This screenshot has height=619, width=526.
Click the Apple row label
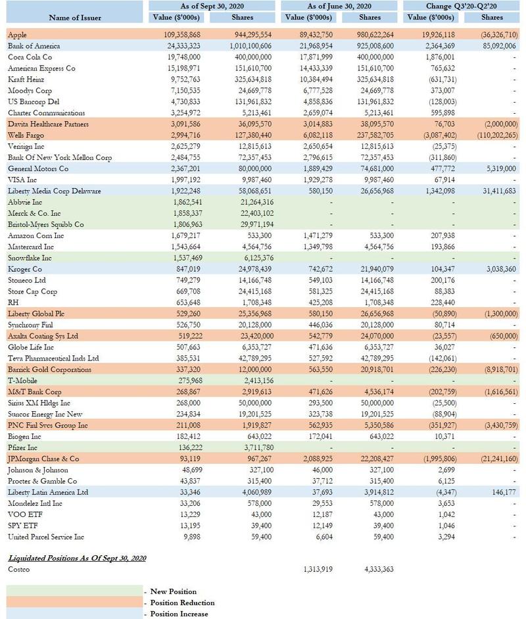click(18, 34)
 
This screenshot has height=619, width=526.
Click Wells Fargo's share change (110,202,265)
click(492, 136)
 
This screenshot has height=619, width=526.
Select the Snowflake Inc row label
click(34, 259)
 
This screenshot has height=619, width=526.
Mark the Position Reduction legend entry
click(182, 603)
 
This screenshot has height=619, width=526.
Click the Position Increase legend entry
click(179, 614)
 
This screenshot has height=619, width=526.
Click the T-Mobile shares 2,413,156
click(251, 382)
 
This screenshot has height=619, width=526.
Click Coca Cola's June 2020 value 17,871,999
click(322, 57)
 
